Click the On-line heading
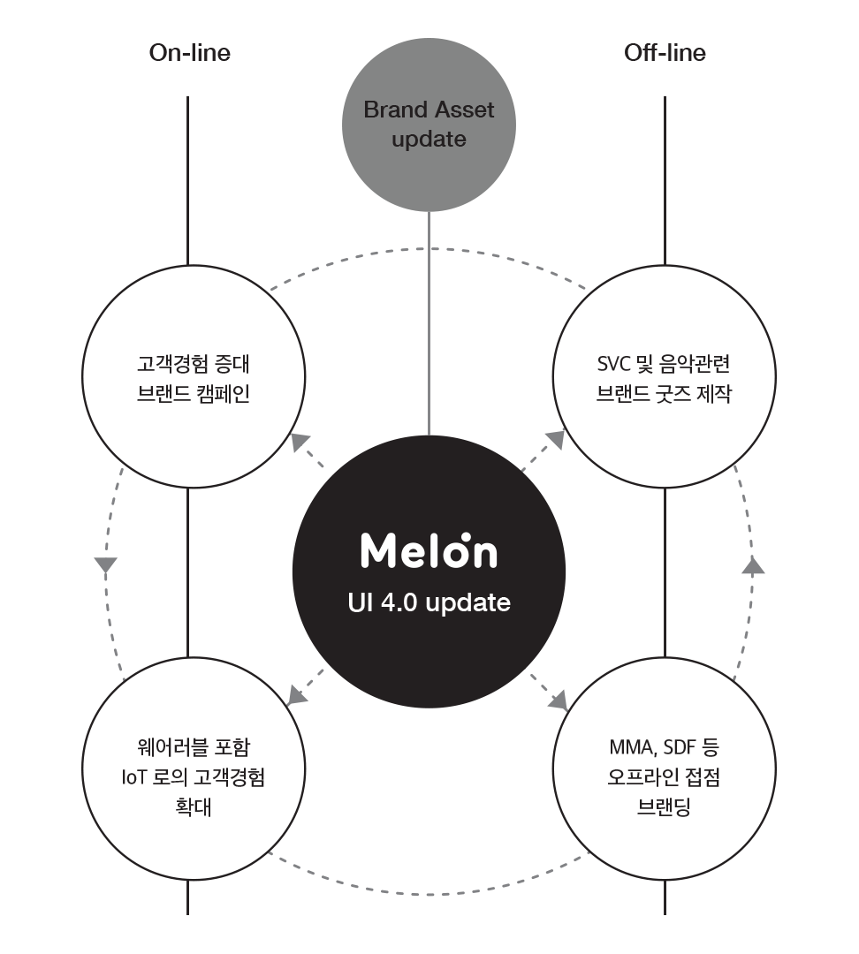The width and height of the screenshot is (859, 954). pyautogui.click(x=189, y=53)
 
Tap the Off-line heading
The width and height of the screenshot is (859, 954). pyautogui.click(x=665, y=53)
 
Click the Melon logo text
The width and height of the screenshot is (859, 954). pyautogui.click(x=429, y=551)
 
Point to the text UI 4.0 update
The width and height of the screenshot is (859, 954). pyautogui.click(x=429, y=603)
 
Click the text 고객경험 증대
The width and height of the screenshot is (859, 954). pyautogui.click(x=194, y=364)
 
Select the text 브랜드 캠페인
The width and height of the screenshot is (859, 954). pyautogui.click(x=194, y=394)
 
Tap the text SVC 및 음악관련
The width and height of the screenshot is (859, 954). pyautogui.click(x=664, y=364)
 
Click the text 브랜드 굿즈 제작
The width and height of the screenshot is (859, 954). pyautogui.click(x=664, y=394)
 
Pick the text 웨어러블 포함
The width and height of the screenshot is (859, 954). pyautogui.click(x=194, y=747)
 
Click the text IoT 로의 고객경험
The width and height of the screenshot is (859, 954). pyautogui.click(x=194, y=777)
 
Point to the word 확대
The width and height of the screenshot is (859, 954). pyautogui.click(x=194, y=807)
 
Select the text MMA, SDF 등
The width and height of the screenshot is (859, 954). pyautogui.click(x=664, y=747)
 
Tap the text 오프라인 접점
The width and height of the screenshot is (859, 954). pyautogui.click(x=664, y=777)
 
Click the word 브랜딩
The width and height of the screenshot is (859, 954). pyautogui.click(x=664, y=807)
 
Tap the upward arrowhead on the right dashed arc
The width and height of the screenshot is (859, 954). pyautogui.click(x=753, y=565)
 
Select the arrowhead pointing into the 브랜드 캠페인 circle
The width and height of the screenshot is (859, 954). pyautogui.click(x=300, y=443)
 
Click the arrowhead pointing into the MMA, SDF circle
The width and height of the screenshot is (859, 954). pyautogui.click(x=559, y=702)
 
